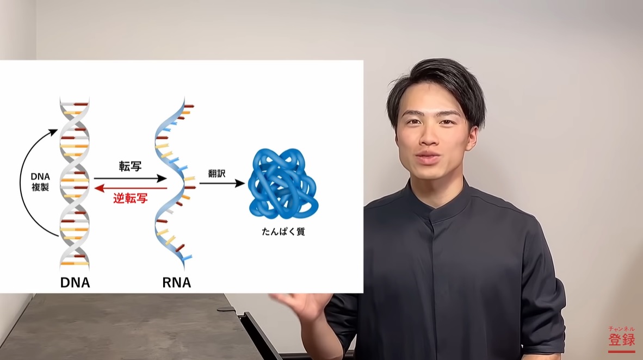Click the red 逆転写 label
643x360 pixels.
(131, 199)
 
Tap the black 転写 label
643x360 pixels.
(131, 166)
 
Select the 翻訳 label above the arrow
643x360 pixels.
(217, 173)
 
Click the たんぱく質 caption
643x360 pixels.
(283, 232)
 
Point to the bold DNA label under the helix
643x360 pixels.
(75, 282)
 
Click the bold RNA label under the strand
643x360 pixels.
(176, 282)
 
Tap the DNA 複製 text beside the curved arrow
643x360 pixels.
(40, 182)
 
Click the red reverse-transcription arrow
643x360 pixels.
(131, 188)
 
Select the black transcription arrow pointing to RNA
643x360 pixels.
(131, 178)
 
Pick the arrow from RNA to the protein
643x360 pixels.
(222, 183)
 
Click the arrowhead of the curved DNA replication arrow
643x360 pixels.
(53, 132)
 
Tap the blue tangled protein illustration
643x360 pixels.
(283, 183)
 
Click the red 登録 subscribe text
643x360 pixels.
(622, 339)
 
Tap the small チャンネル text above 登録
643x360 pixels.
(622, 329)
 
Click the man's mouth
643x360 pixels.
(426, 158)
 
